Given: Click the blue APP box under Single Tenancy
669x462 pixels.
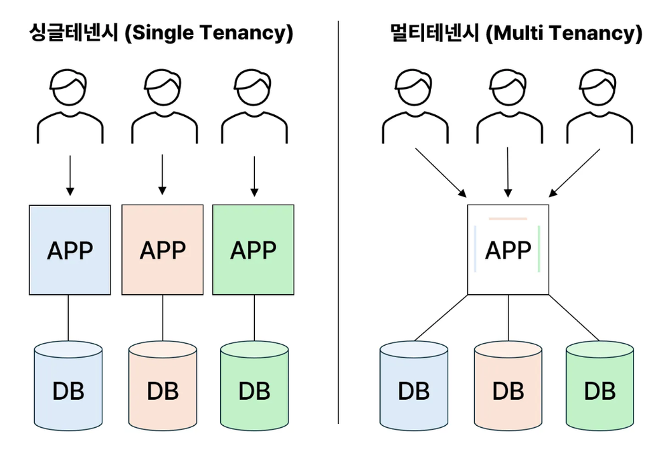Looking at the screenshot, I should pos(70,250).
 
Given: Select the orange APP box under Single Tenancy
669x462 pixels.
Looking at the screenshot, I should pos(162,250).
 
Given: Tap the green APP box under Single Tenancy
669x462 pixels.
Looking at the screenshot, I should pos(253,250).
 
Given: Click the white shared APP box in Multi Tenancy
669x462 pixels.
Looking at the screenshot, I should pos(508,250).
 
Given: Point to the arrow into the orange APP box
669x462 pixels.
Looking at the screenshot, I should pos(162,174).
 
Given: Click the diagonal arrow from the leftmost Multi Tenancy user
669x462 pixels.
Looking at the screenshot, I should pos(440,172).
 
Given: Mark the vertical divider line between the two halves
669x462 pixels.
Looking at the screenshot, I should pos(338,221).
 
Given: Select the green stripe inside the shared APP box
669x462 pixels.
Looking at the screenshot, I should pos(539,249).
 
